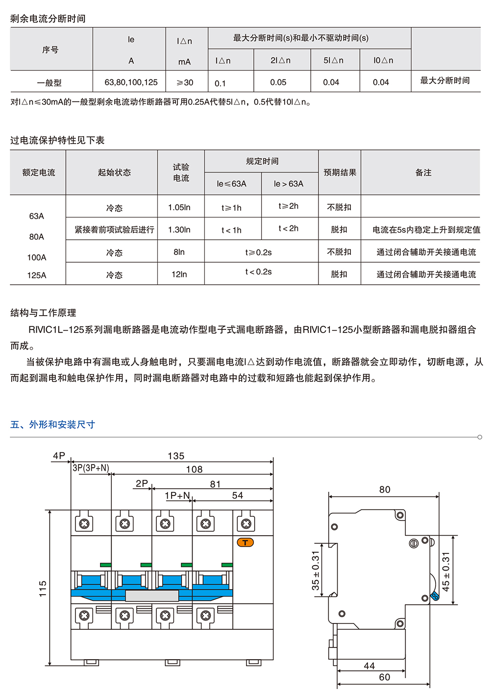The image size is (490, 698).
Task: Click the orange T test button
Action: (x=245, y=543)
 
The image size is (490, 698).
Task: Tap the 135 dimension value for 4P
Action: (x=176, y=456)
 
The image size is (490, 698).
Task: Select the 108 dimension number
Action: (x=194, y=469)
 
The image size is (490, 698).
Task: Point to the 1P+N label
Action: (x=177, y=495)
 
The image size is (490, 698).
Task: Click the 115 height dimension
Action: (x=43, y=589)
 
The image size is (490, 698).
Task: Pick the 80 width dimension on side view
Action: (x=385, y=490)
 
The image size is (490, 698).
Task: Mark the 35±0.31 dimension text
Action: (x=316, y=571)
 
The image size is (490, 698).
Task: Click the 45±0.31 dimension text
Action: (x=446, y=572)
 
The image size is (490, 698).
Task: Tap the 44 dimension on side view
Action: (x=369, y=666)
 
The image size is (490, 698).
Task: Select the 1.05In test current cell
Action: (x=179, y=207)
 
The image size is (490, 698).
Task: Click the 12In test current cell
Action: (x=179, y=274)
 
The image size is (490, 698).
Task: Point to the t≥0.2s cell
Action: (x=258, y=252)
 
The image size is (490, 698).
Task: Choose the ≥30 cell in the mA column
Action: (x=185, y=82)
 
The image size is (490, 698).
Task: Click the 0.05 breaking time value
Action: (x=278, y=82)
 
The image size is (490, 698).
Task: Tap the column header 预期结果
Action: (x=340, y=173)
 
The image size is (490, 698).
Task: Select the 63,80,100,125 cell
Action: (x=131, y=82)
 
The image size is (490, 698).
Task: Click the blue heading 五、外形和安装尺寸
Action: (x=52, y=424)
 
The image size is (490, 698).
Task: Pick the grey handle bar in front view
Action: (x=152, y=596)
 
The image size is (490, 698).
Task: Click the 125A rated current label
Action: (x=37, y=275)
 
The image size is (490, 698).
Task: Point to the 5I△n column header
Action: (x=333, y=60)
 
